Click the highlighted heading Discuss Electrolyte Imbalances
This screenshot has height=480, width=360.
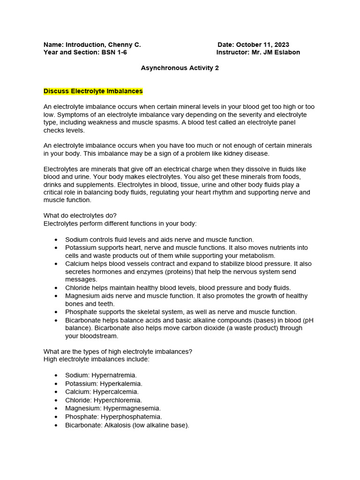[93, 91]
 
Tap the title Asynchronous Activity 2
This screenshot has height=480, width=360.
[180, 68]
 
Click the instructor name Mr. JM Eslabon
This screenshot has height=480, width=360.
[276, 52]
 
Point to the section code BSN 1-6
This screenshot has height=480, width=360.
[114, 52]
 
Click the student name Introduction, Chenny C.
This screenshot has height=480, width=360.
[103, 45]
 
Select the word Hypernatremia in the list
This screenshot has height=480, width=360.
[114, 375]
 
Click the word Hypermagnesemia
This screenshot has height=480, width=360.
[132, 408]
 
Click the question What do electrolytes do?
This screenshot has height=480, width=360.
[80, 216]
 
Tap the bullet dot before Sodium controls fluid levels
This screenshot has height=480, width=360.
[56, 240]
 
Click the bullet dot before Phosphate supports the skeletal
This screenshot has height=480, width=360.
[56, 312]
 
